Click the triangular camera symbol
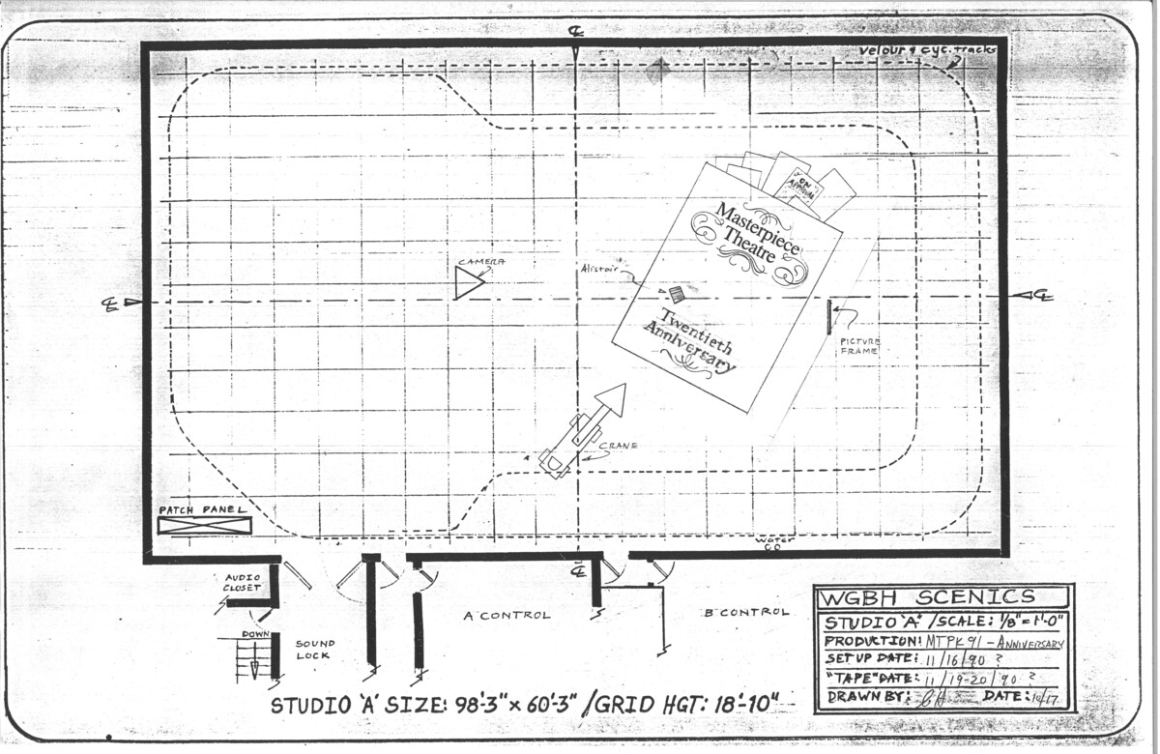point(469,282)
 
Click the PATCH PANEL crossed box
point(204,525)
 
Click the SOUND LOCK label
point(315,649)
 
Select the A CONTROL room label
point(507,615)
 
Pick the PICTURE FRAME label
point(859,346)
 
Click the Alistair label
point(599,270)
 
